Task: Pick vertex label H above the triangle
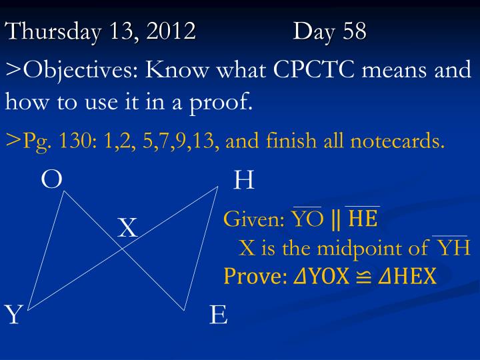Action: click(244, 179)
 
